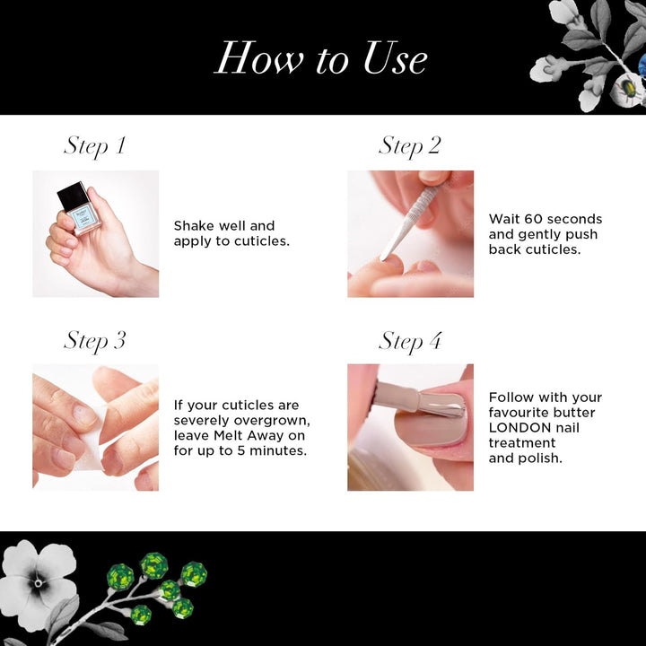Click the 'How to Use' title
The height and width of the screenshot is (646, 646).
click(x=321, y=58)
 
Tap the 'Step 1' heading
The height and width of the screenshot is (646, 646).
click(x=95, y=146)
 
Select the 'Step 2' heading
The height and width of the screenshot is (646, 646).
click(x=410, y=146)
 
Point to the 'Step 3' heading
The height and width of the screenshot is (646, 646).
click(x=95, y=341)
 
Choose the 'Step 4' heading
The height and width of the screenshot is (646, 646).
click(x=410, y=342)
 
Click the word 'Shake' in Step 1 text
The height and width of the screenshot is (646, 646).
click(x=194, y=226)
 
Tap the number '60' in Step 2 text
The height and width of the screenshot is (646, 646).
click(x=528, y=219)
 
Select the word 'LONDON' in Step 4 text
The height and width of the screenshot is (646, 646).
click(x=520, y=428)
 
